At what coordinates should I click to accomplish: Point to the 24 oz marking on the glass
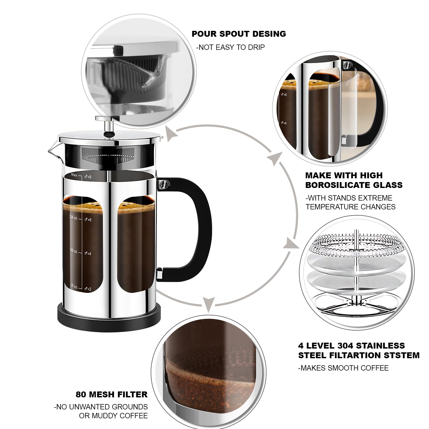pos(73,217)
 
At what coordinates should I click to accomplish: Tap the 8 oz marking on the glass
pos(74,286)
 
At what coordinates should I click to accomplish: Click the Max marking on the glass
pos(74,175)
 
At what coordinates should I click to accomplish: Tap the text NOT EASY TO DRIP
pos(231,47)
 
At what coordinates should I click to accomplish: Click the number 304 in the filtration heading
pos(354,346)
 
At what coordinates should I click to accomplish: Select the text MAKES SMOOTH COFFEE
pos(343,368)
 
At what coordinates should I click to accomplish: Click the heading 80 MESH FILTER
pos(112,394)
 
